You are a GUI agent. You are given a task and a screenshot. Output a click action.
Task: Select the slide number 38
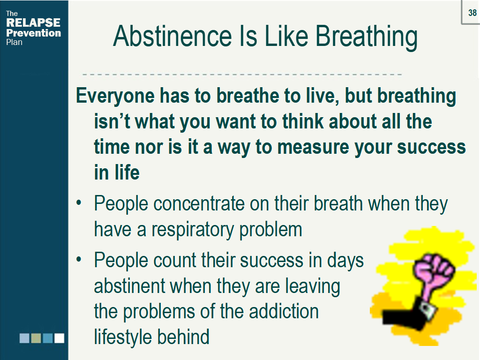(x=472, y=13)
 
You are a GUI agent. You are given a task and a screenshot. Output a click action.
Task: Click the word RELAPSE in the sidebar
(x=33, y=23)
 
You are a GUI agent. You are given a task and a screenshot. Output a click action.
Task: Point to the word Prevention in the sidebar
(x=33, y=33)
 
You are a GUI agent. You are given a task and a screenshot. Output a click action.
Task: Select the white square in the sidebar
(x=59, y=338)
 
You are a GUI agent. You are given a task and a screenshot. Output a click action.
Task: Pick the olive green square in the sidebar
(x=36, y=338)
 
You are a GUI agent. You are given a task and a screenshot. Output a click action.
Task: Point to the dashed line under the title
(x=242, y=75)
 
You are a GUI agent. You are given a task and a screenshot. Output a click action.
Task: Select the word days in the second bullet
(x=345, y=261)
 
